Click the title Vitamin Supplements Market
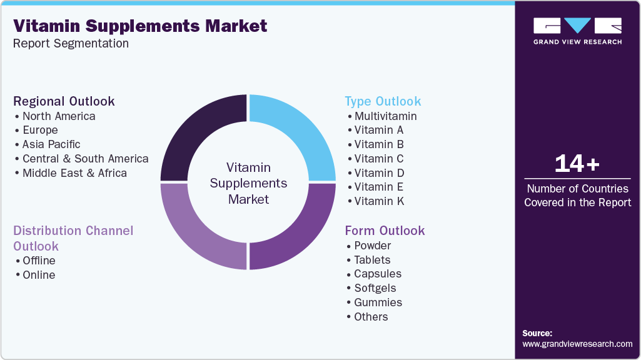(140, 26)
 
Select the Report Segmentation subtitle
(71, 44)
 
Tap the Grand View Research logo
(577, 31)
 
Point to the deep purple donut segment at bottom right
(298, 231)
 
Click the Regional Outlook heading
(64, 101)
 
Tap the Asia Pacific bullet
(51, 144)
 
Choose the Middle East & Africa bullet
(74, 173)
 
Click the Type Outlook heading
(383, 101)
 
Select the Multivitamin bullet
(385, 116)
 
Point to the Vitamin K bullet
(379, 201)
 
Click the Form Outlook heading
(385, 231)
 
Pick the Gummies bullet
(378, 302)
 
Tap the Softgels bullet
(375, 288)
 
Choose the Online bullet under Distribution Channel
(39, 275)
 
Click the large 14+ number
(577, 164)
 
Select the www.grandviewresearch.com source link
(577, 344)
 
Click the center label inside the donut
(248, 184)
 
